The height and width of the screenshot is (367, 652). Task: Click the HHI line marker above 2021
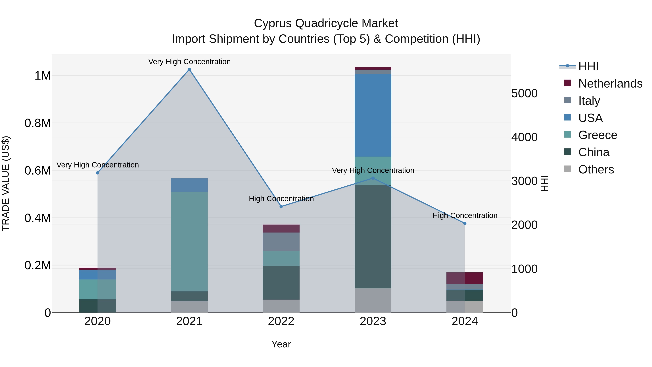[x=189, y=69]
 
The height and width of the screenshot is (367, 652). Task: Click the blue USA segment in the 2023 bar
[x=373, y=115]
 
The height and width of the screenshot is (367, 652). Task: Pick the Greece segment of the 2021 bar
[x=189, y=242]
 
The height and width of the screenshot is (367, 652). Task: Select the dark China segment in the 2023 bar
[x=373, y=237]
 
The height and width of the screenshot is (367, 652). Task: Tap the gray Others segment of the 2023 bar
[x=373, y=300]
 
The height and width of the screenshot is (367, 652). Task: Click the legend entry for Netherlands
[x=610, y=84]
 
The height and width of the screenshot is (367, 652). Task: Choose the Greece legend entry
[x=597, y=135]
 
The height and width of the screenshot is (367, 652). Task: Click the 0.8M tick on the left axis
[x=38, y=123]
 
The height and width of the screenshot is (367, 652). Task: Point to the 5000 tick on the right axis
[x=524, y=94]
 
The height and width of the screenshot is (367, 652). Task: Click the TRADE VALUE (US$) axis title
[x=6, y=183]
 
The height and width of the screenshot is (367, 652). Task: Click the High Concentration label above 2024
[x=465, y=215]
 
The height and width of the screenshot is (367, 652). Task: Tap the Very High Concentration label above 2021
[x=189, y=62]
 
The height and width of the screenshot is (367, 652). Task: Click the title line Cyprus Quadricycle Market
[x=326, y=23]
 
